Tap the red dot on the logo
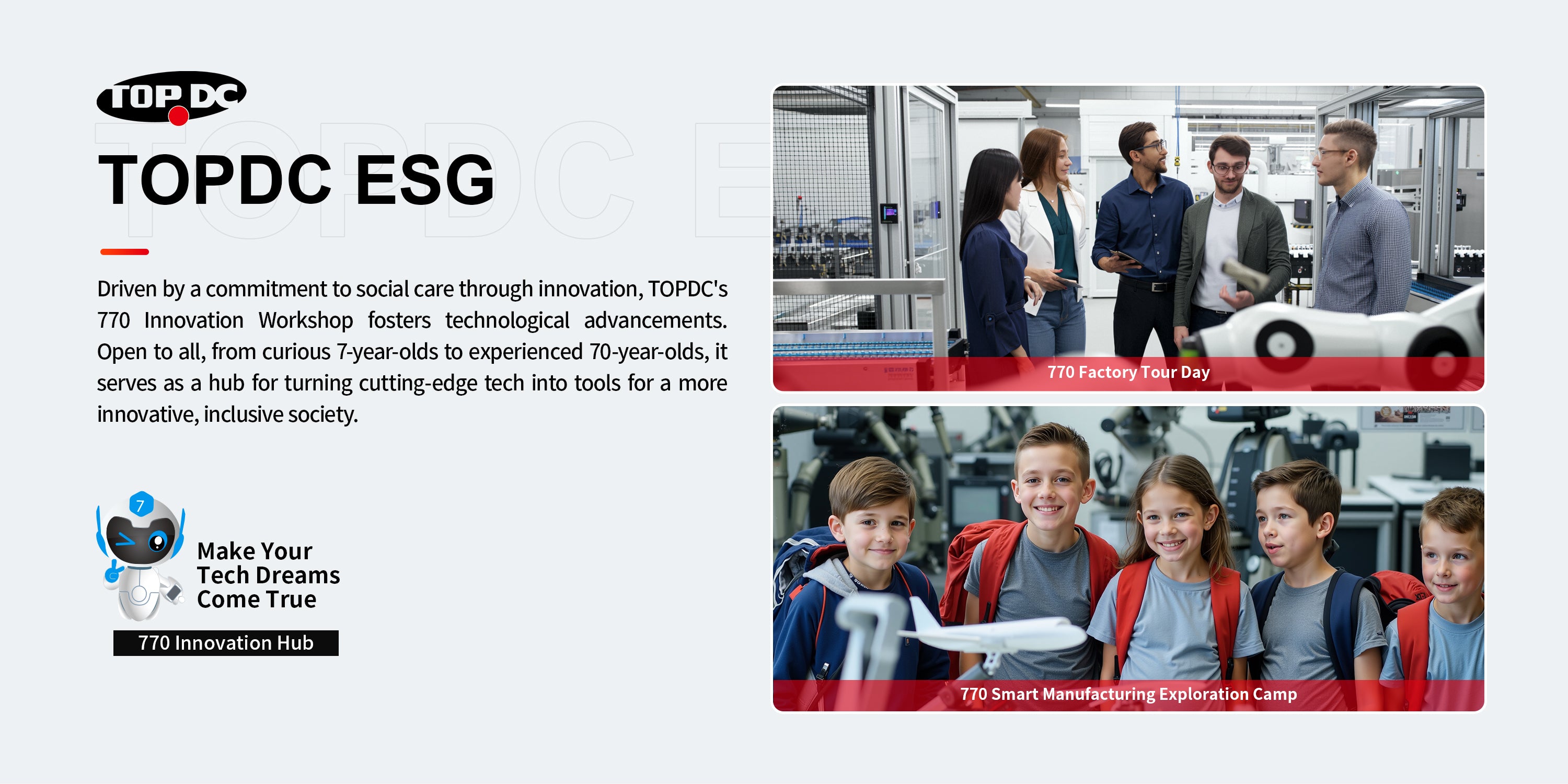point(178,116)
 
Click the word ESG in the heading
point(425,180)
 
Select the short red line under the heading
point(124,251)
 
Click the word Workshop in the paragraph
point(306,320)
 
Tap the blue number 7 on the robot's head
point(141,504)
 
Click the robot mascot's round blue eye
point(158,540)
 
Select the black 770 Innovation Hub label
point(226,643)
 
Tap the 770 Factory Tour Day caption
point(1128,372)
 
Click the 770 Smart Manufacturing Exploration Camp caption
point(1128,694)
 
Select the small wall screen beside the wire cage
point(889,213)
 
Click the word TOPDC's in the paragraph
point(687,289)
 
